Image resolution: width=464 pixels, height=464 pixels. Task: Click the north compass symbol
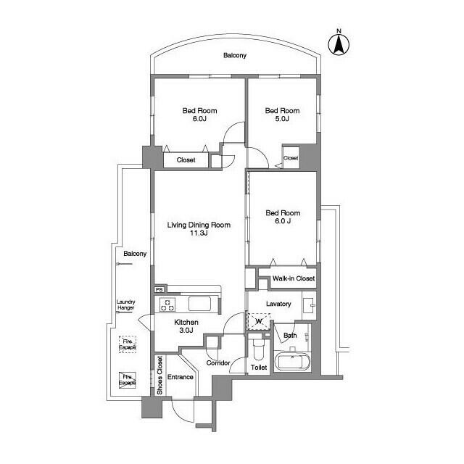click(x=338, y=43)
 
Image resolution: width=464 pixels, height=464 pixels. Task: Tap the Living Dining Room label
click(x=199, y=225)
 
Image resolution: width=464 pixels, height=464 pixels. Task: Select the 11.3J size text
click(x=199, y=234)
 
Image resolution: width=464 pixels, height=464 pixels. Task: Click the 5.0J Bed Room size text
click(x=282, y=120)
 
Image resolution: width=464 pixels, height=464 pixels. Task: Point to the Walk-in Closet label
click(x=293, y=278)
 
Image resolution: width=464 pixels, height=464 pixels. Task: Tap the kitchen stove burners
click(x=167, y=304)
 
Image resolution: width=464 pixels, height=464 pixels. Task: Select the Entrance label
click(x=181, y=377)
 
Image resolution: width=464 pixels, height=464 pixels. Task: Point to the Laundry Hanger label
click(x=126, y=305)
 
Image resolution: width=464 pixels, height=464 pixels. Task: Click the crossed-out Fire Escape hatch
click(x=128, y=379)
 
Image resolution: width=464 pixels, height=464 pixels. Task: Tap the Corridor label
click(x=218, y=362)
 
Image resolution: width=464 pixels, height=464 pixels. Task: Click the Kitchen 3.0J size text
click(x=186, y=331)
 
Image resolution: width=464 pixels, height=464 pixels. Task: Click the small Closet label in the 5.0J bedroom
click(x=291, y=158)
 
